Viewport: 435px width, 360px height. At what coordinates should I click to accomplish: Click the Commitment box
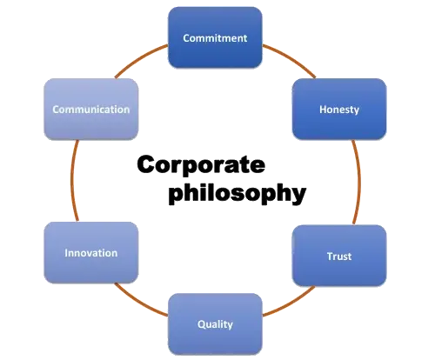point(215,37)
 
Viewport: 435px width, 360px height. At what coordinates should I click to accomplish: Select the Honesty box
point(339,109)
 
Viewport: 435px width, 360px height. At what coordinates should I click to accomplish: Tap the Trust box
point(339,256)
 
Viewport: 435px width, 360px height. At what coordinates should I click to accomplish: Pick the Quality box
point(215,324)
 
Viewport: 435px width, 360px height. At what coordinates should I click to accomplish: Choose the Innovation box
point(91,253)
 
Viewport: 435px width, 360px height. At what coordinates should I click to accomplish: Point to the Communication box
point(91,110)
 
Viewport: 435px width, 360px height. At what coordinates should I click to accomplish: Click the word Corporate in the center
point(201,164)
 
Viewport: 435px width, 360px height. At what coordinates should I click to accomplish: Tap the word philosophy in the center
point(238,193)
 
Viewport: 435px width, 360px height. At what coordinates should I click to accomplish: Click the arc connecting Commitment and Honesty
point(291,59)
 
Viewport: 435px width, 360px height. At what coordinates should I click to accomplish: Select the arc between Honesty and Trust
point(359,182)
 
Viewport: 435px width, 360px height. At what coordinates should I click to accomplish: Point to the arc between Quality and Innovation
point(139,302)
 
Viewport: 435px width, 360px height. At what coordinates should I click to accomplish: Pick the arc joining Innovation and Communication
point(72,180)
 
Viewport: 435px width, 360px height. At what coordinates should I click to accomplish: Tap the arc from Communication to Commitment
point(139,59)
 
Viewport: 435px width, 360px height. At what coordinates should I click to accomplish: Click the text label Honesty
point(339,110)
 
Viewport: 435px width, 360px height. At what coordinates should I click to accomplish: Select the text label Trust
point(339,257)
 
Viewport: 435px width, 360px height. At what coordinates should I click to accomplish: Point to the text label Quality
point(215,324)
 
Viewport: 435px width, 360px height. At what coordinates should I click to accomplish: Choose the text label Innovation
point(91,253)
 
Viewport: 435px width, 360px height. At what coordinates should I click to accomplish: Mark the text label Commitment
point(215,38)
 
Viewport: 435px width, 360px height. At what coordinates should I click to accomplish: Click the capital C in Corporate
point(147,164)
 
